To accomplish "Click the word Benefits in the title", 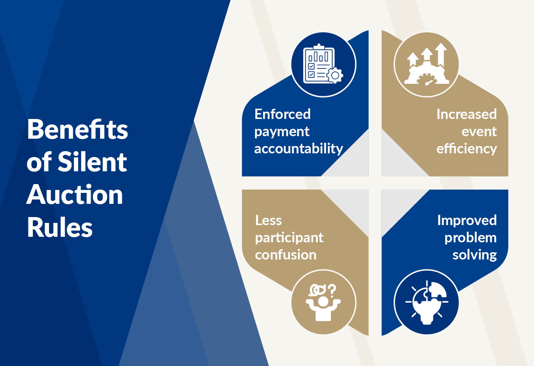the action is click(x=78, y=129).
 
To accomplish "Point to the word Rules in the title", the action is click(x=60, y=227).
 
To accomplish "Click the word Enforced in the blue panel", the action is click(x=282, y=114).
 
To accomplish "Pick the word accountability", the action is click(x=299, y=149).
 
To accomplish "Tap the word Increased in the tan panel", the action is click(x=467, y=114).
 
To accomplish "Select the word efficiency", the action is click(x=467, y=149).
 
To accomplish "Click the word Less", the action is click(x=268, y=220).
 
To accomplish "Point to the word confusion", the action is click(x=286, y=255).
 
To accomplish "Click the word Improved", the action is click(x=467, y=220).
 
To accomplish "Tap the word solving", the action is click(x=475, y=255).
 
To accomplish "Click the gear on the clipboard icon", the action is click(x=335, y=75).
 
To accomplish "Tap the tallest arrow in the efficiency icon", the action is click(x=441, y=55).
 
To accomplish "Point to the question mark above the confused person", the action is click(x=332, y=290).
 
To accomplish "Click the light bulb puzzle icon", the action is click(x=427, y=303).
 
